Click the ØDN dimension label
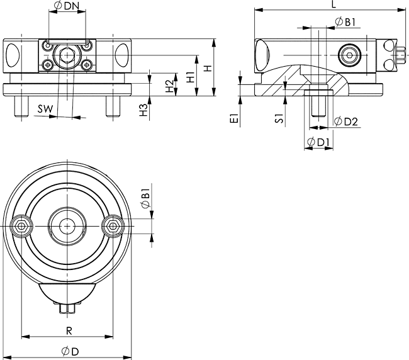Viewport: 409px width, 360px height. pos(66,6)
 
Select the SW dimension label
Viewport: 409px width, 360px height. pos(45,109)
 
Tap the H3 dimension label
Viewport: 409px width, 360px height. pos(143,110)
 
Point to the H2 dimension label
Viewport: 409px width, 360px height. pos(170,86)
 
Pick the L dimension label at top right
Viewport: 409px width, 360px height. pos(333,4)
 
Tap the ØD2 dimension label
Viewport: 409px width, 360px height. pos(346,121)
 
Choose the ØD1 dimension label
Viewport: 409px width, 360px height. pos(318,142)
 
